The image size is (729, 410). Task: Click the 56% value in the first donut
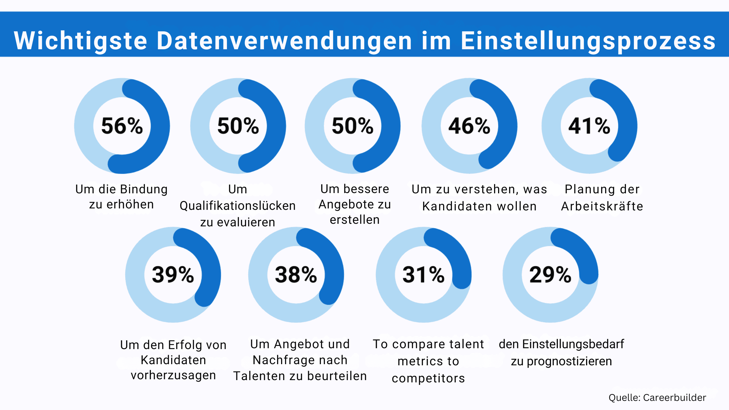(122, 126)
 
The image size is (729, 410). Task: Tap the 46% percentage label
(469, 126)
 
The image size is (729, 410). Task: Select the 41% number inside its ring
(589, 126)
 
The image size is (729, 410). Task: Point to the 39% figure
(173, 275)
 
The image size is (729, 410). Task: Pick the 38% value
(296, 275)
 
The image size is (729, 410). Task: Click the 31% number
(423, 275)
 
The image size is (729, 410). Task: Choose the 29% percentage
(550, 275)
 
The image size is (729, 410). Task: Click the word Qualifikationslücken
(237, 206)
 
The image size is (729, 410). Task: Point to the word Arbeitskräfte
(602, 206)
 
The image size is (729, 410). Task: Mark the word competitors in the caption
(428, 378)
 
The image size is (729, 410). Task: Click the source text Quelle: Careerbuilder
(657, 397)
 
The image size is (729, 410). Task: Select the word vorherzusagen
(173, 376)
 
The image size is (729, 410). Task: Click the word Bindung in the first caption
(144, 189)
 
